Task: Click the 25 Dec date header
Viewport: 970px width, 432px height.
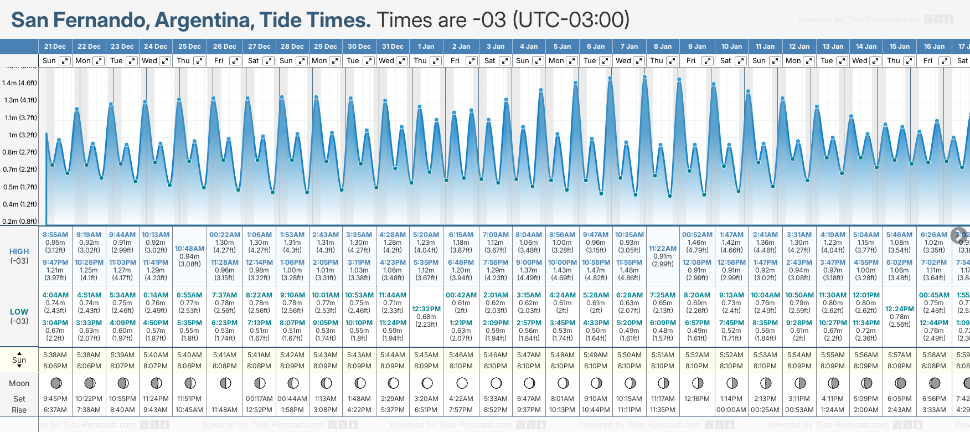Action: tap(189, 47)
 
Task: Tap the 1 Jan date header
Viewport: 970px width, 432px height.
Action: tap(426, 47)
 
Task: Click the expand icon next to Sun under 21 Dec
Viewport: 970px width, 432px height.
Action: tap(65, 61)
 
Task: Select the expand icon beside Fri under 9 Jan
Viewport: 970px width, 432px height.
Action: tap(707, 61)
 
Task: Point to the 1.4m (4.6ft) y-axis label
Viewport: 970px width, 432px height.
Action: tap(19, 83)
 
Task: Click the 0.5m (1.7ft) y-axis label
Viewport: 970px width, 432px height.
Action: tap(19, 187)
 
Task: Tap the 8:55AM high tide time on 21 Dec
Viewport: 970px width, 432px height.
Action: tap(55, 235)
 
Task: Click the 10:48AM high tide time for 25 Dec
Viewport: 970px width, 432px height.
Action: tap(189, 249)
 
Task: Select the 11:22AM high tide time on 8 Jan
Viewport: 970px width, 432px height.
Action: tap(663, 249)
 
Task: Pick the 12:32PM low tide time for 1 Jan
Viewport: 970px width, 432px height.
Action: tap(426, 309)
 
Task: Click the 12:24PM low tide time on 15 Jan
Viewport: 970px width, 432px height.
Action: tap(900, 309)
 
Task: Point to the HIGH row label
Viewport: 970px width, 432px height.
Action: tap(19, 251)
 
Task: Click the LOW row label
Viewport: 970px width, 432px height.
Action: tap(19, 312)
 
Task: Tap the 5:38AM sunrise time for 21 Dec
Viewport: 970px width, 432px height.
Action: tap(55, 355)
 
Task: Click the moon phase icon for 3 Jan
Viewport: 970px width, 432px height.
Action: tap(496, 383)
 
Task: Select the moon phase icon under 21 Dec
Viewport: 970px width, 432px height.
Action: tap(55, 383)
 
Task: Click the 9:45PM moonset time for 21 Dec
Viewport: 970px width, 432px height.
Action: tap(55, 399)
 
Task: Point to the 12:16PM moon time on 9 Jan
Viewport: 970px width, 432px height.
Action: tap(696, 399)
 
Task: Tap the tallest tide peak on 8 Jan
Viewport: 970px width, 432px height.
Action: tap(644, 76)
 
